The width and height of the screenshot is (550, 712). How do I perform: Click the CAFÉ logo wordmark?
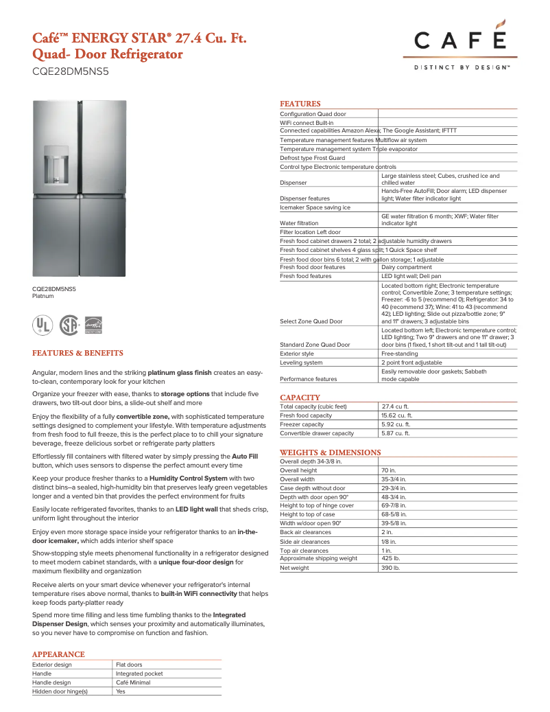point(460,41)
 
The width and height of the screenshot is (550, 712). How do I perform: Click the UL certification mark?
point(43,324)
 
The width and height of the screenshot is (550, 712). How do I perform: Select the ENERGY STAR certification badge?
point(92,325)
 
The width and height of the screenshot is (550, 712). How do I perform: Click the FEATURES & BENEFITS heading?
point(77,353)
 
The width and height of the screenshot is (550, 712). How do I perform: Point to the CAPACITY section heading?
point(300,398)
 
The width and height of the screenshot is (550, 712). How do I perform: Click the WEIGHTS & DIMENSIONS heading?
point(330,452)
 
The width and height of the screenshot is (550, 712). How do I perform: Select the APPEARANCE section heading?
point(58,654)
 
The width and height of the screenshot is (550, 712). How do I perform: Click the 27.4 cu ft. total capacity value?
point(395,406)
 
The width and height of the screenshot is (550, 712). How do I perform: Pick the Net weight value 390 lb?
point(391,568)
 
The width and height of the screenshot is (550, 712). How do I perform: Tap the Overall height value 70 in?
point(389,470)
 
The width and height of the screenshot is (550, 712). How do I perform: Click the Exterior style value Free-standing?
point(402,354)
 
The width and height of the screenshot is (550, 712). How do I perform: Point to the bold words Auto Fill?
point(245,455)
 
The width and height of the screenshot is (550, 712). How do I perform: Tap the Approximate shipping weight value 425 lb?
point(391,558)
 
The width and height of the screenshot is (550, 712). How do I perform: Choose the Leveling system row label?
point(301,363)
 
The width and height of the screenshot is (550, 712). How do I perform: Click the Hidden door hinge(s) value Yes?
point(121,691)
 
